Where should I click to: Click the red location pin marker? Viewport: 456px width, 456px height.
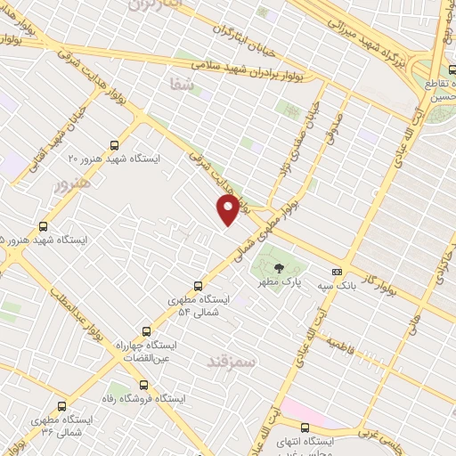pyautogui.click(x=229, y=208)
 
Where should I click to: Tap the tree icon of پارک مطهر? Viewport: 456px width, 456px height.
pyautogui.click(x=279, y=267)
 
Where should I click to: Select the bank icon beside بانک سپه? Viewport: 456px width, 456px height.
pyautogui.click(x=337, y=272)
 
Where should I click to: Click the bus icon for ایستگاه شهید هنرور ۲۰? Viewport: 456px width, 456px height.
pyautogui.click(x=113, y=144)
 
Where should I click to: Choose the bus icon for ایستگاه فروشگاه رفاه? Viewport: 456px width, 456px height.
pyautogui.click(x=144, y=386)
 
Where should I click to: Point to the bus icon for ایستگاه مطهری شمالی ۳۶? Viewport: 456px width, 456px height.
pyautogui.click(x=61, y=405)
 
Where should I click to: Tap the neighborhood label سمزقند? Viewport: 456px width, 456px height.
pyautogui.click(x=231, y=361)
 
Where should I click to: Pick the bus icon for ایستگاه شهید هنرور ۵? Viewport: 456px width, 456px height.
pyautogui.click(x=44, y=226)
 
